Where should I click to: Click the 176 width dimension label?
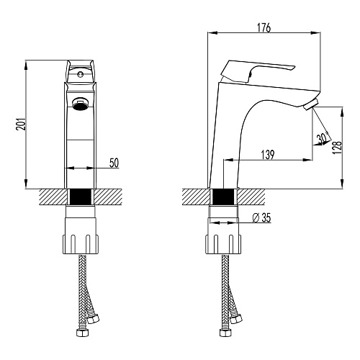264,27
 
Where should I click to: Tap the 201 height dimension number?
21,124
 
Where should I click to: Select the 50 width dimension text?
114,163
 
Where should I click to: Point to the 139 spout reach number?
268,155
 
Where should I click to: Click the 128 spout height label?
337,147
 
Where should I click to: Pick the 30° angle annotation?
323,138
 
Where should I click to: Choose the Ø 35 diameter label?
262,217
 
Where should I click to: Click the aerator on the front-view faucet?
81,104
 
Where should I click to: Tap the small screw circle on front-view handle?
80,74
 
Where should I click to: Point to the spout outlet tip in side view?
311,105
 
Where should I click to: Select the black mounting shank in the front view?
81,197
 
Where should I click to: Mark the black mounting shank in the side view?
223,197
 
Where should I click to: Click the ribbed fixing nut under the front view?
81,244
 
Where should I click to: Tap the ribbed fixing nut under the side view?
223,244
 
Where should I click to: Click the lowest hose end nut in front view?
82,333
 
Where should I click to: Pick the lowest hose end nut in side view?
225,333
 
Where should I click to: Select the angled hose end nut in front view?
93,319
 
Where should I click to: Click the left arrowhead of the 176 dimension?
212,32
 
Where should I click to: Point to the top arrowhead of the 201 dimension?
26,65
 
